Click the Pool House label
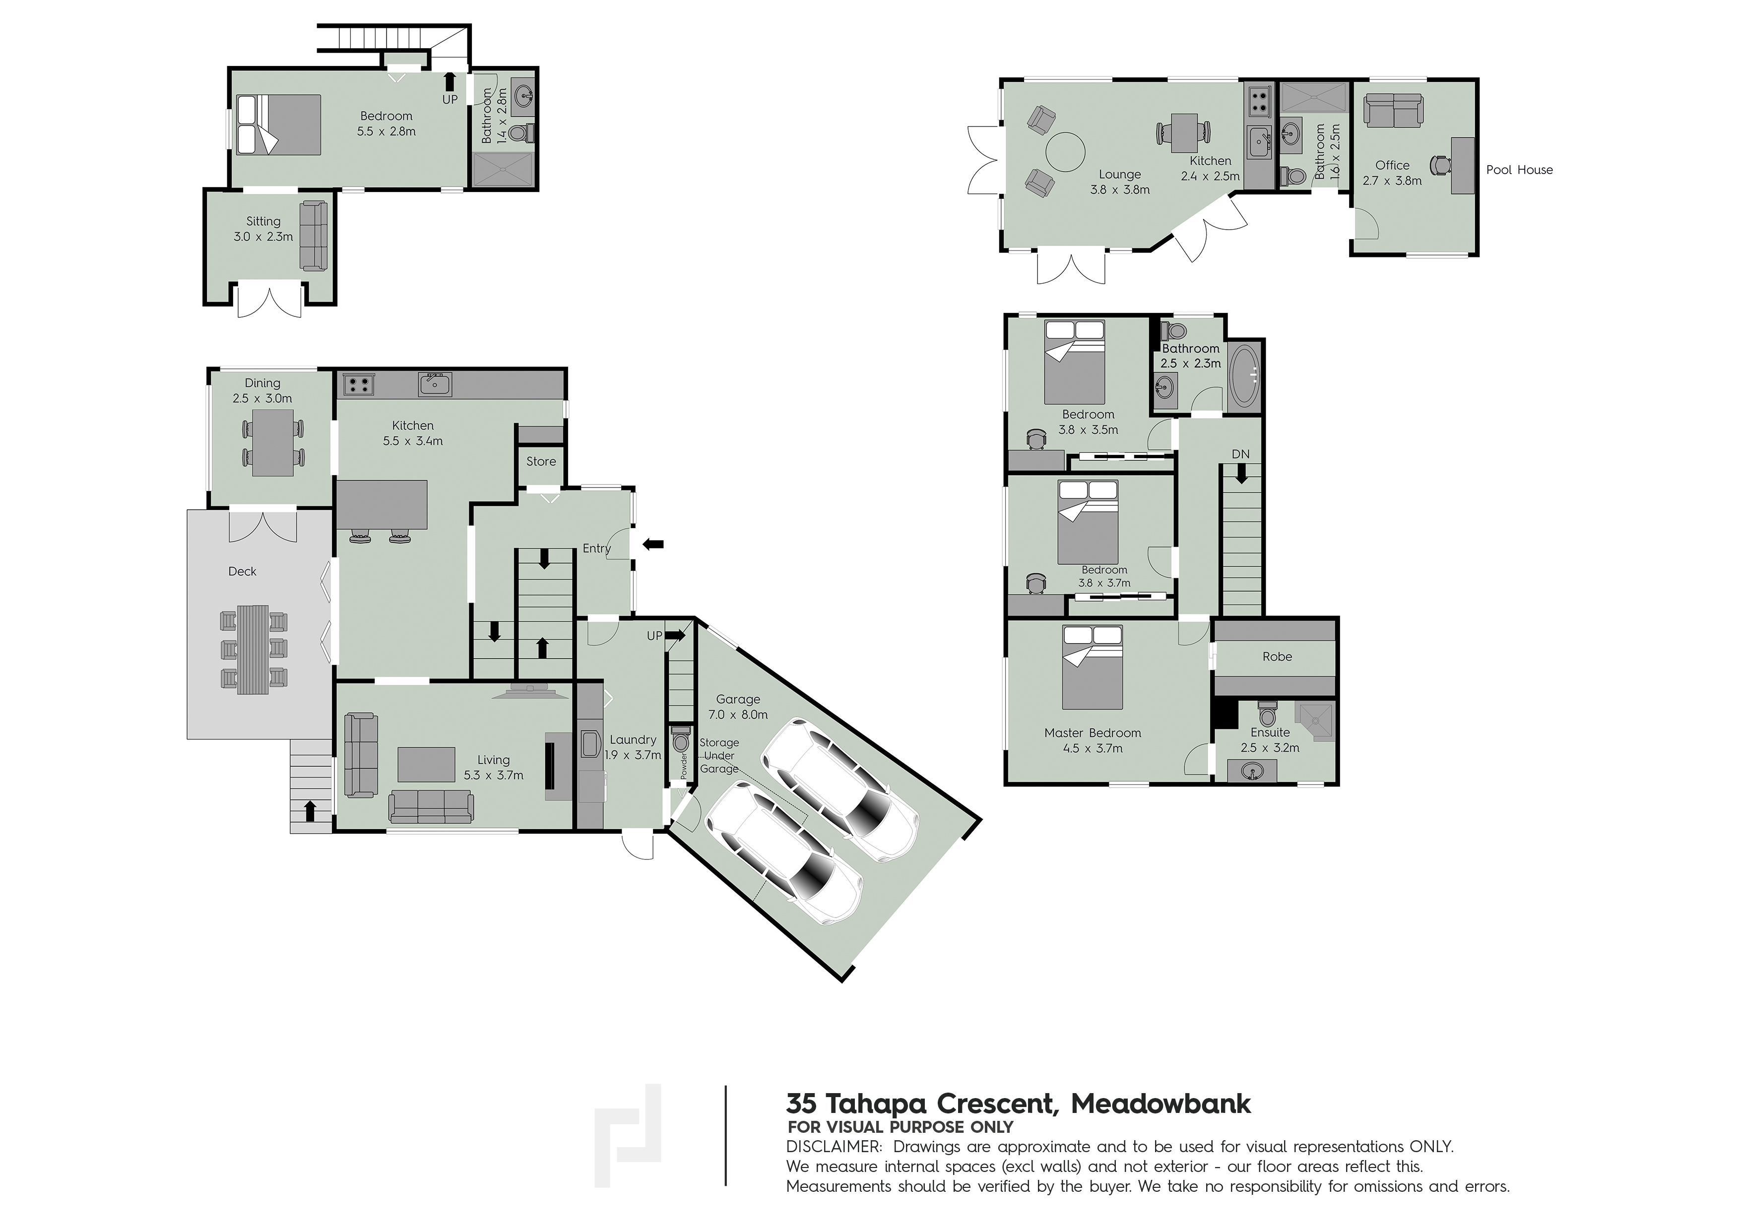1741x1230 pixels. (x=1519, y=170)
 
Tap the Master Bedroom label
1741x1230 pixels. (x=1092, y=733)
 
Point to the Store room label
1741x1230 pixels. (x=541, y=461)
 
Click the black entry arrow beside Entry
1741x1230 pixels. (x=653, y=544)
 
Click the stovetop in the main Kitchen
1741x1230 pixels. (x=359, y=385)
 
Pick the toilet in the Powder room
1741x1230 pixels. (x=680, y=739)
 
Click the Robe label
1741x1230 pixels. (x=1277, y=656)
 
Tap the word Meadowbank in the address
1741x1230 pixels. (x=1161, y=1104)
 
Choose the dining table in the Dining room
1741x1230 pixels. (x=272, y=442)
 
